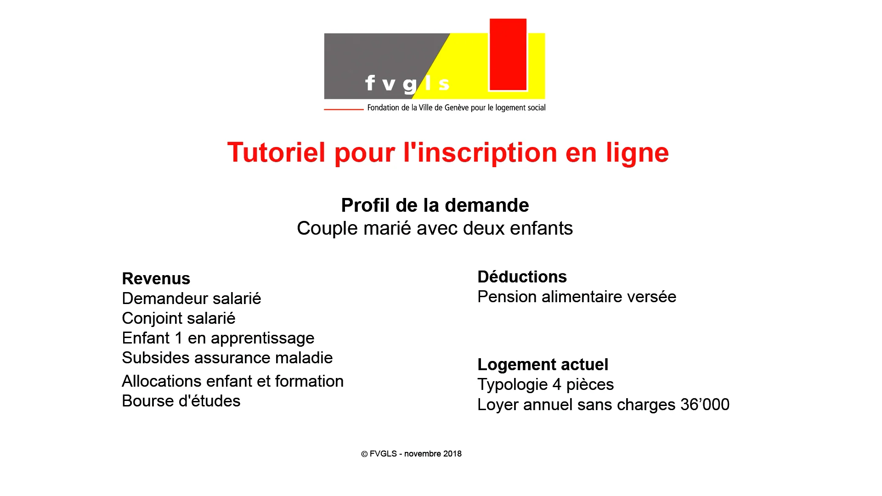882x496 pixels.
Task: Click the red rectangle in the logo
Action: (508, 55)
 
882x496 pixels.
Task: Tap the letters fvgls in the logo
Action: (407, 84)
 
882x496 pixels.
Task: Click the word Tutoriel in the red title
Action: (276, 152)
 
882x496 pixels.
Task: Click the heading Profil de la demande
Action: (435, 205)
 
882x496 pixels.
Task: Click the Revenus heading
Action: (156, 279)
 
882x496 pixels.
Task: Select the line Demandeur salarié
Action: (192, 299)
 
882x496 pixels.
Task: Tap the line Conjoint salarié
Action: (179, 318)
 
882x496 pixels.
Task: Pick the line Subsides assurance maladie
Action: (227, 358)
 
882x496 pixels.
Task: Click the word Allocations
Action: (162, 381)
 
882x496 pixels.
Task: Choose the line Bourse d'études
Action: (181, 401)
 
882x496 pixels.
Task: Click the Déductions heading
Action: (522, 277)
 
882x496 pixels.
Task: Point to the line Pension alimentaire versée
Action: (577, 297)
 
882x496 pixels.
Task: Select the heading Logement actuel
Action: (543, 365)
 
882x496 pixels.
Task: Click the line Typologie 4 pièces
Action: (546, 385)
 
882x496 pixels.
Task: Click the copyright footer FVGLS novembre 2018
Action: (411, 454)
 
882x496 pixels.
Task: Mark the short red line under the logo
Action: (344, 109)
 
